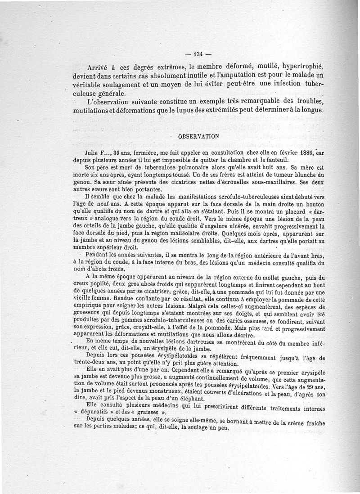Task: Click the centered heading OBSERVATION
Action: [x=198, y=135]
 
